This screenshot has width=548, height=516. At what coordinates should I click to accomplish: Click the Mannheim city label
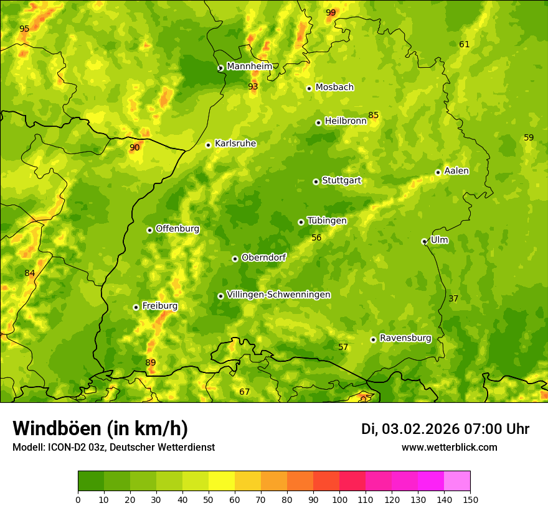tap(249, 67)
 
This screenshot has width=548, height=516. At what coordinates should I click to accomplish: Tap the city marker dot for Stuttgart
tap(316, 182)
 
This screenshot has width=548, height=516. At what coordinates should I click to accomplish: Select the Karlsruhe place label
tap(235, 144)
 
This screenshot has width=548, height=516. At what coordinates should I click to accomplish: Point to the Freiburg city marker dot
tap(136, 307)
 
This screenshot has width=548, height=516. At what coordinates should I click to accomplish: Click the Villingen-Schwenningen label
tap(278, 295)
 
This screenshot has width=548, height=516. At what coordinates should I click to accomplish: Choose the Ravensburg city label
tap(405, 338)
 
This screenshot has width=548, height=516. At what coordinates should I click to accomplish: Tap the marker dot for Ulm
tap(424, 241)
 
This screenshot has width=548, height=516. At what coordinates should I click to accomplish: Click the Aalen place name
tap(456, 171)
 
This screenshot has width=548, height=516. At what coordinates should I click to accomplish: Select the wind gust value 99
tap(331, 12)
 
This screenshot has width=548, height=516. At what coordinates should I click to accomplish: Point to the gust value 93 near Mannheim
tap(253, 86)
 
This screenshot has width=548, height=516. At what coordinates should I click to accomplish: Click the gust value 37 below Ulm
tap(453, 298)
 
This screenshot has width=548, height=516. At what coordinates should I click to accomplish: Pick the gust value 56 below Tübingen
tap(316, 237)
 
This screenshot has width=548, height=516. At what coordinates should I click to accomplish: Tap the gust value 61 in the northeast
tap(464, 44)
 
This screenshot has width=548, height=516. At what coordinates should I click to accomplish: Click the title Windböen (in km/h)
tap(100, 428)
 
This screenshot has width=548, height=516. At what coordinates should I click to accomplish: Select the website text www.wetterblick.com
tap(449, 448)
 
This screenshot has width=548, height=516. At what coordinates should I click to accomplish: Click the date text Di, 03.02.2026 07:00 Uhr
tap(445, 429)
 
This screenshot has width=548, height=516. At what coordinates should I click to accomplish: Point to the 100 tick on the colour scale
tap(339, 499)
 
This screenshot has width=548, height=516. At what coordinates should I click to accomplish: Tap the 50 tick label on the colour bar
tap(209, 499)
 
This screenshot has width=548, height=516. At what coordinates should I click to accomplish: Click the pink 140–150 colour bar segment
tap(457, 481)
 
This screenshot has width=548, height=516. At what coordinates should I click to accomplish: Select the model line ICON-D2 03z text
tap(113, 448)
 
